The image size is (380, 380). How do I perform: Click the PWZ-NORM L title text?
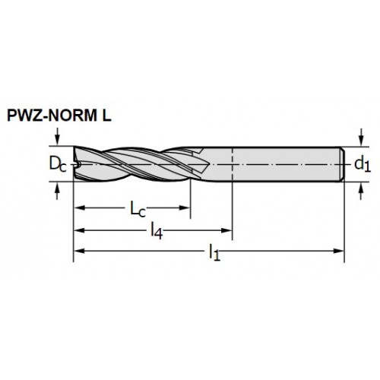[x=59, y=116]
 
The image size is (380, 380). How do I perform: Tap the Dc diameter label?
[x=58, y=164]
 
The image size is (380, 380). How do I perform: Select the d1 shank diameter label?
[x=363, y=165]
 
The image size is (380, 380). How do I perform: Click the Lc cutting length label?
[x=138, y=209]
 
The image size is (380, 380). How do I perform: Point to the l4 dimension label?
[x=157, y=230]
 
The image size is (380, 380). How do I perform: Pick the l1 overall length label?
[x=214, y=252]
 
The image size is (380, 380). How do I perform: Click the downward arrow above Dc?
[x=58, y=136]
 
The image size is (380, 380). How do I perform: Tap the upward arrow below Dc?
[x=58, y=191]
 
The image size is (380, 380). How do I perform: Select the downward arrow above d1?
[x=361, y=137]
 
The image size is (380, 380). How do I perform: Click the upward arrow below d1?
[x=361, y=191]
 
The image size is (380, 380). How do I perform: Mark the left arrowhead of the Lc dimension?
[x=79, y=208]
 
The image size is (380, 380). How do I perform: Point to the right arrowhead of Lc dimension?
[x=185, y=208]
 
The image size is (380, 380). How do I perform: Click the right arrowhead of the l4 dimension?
[x=226, y=230]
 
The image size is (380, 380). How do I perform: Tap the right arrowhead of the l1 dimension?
[x=339, y=251]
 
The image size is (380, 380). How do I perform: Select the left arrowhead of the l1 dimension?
[x=79, y=251]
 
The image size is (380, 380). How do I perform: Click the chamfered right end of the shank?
[x=342, y=164]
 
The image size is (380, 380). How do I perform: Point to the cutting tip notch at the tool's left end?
[x=78, y=164]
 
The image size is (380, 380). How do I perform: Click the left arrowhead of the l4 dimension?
[x=79, y=230]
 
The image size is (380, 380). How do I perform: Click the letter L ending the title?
[x=106, y=116]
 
